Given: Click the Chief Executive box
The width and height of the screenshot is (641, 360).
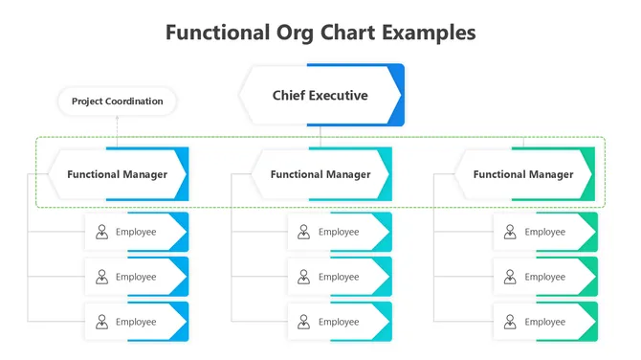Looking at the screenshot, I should coord(320,96).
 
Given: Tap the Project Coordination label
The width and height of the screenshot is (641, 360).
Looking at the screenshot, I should coord(117,101).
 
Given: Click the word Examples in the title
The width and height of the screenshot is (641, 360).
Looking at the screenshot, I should coord(429,33).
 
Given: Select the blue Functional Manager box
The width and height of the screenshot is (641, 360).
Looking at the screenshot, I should coord(117,174).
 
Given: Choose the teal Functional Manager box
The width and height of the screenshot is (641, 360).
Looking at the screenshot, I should coord(320,174).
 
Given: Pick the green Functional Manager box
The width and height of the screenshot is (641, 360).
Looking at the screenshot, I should coord(523,174).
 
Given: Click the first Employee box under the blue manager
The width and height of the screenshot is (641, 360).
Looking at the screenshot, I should coord(136,232).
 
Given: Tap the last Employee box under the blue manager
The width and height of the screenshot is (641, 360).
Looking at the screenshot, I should coord(136,322).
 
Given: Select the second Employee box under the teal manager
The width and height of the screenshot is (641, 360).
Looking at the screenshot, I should coord(339,277).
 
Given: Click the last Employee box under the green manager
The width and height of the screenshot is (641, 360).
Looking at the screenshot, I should coord(544,322).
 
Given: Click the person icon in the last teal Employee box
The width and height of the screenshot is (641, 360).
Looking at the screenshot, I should coord(304,322).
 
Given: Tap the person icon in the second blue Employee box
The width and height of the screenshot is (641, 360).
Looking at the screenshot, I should coord(101,277).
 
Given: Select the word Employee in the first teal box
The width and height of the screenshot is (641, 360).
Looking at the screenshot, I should coord(339,232).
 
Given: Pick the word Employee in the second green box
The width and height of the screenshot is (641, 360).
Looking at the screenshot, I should coord(544,277).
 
